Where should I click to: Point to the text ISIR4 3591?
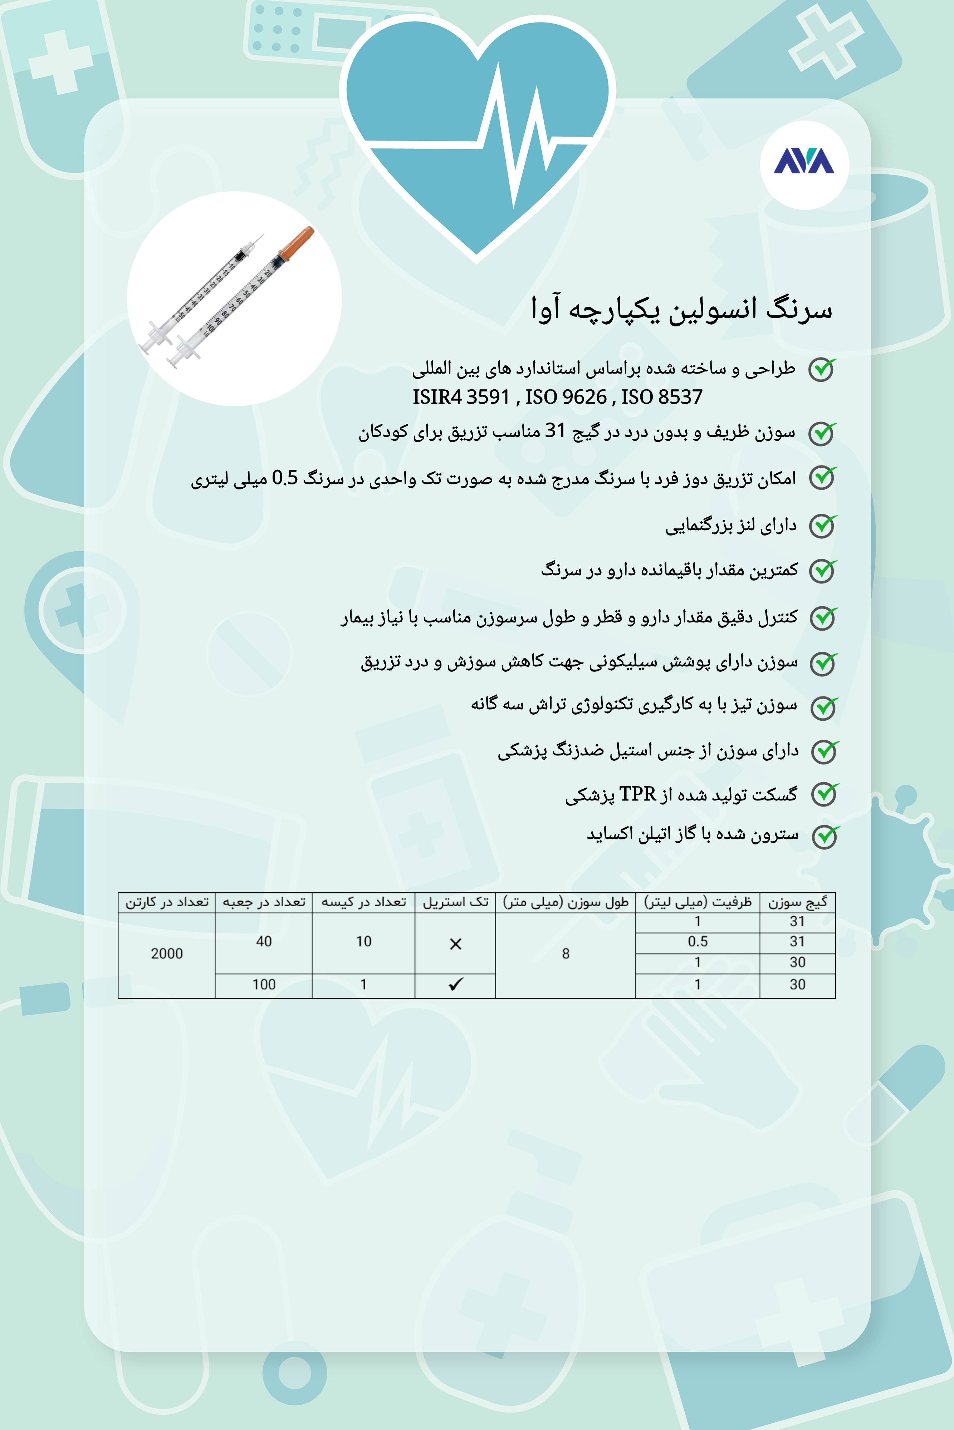click(461, 397)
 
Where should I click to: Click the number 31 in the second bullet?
click(555, 431)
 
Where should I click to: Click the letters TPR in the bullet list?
click(638, 794)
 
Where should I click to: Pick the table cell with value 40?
click(263, 941)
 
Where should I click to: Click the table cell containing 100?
click(263, 984)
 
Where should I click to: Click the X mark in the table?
click(455, 943)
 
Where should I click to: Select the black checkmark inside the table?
click(455, 984)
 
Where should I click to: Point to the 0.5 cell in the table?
click(698, 942)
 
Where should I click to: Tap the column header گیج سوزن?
click(797, 902)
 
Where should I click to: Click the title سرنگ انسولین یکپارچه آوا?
click(681, 309)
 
